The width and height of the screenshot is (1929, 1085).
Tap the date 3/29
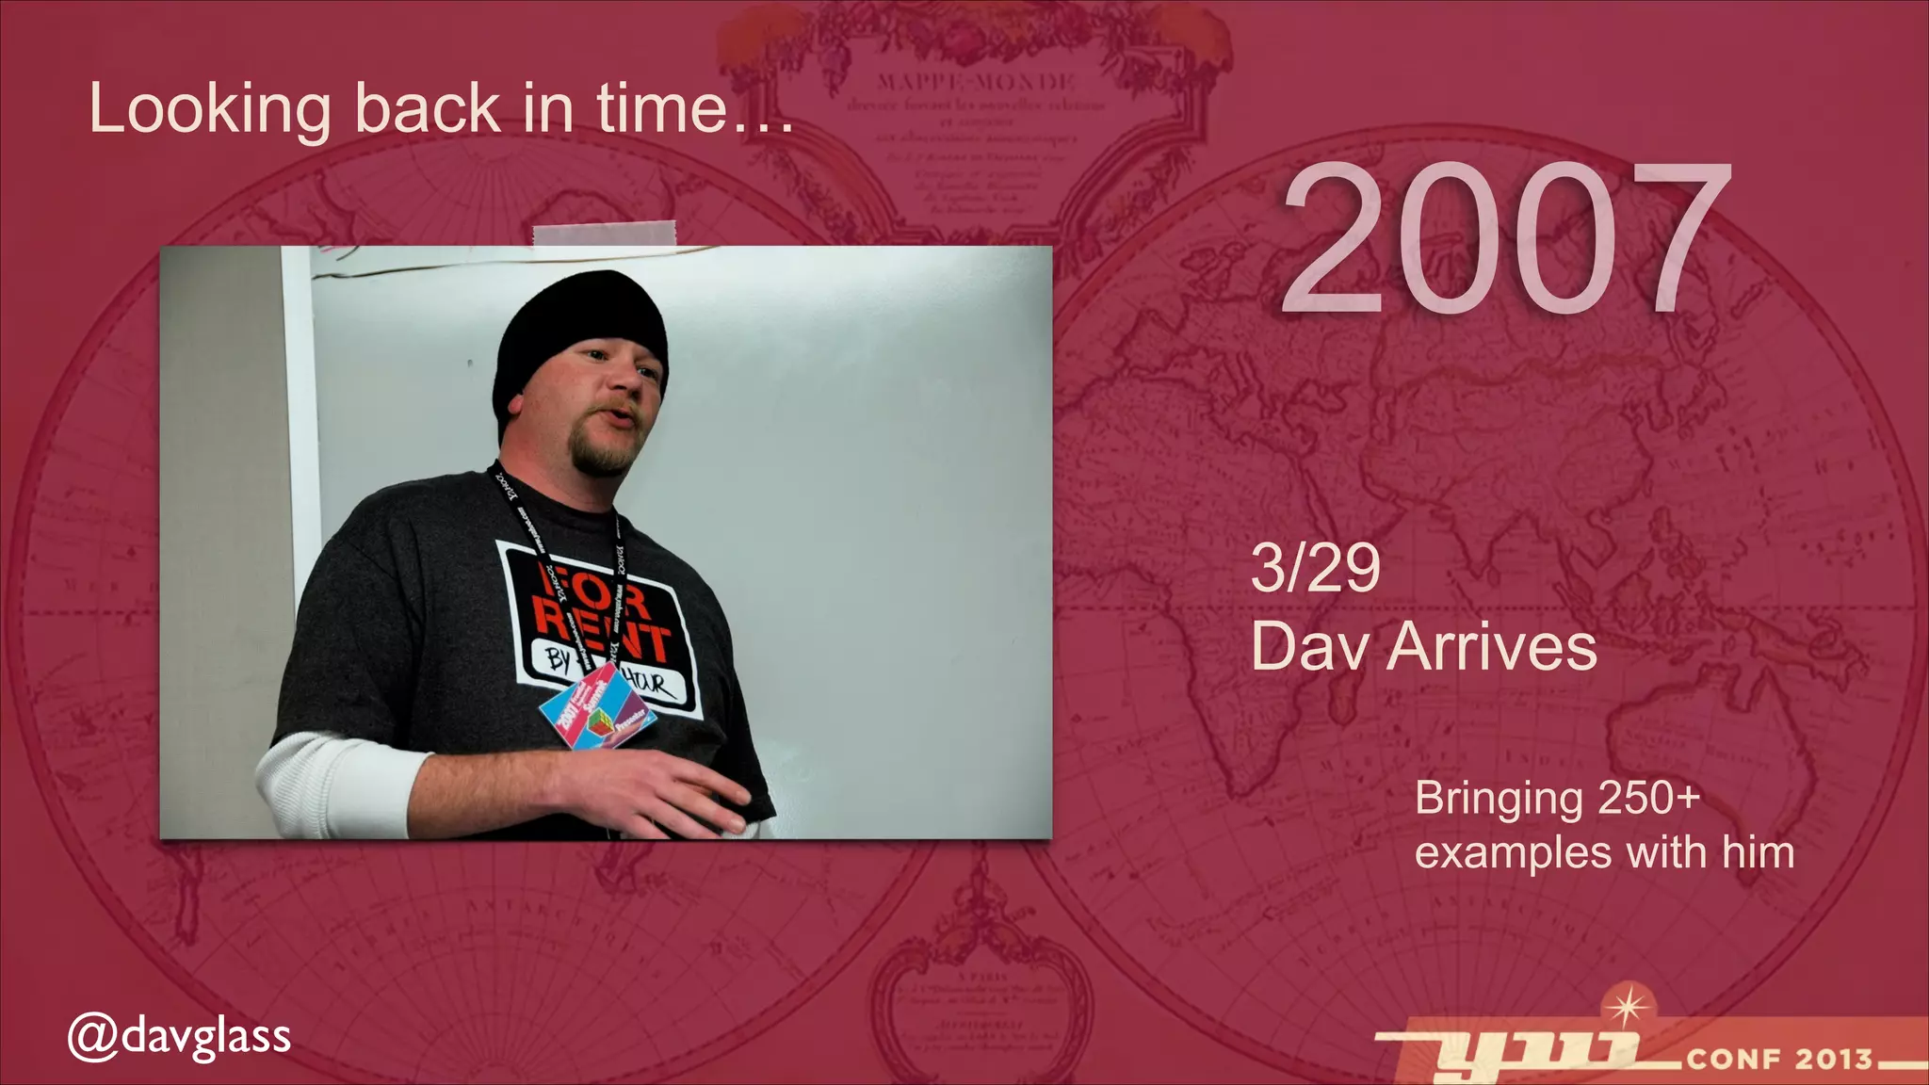click(x=1315, y=568)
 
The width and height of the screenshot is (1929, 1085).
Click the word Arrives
click(x=1491, y=647)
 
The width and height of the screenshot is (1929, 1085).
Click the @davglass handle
click(x=180, y=1036)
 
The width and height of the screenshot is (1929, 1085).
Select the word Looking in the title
click(x=210, y=109)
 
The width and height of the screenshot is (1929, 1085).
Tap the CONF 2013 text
click(x=1779, y=1059)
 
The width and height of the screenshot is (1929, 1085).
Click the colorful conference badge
click(x=597, y=708)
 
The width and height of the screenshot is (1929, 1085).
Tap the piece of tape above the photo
click(x=604, y=233)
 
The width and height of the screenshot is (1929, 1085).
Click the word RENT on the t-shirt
click(x=603, y=633)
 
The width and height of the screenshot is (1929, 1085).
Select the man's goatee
click(x=603, y=454)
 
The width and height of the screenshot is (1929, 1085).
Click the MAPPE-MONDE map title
click(x=976, y=81)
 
